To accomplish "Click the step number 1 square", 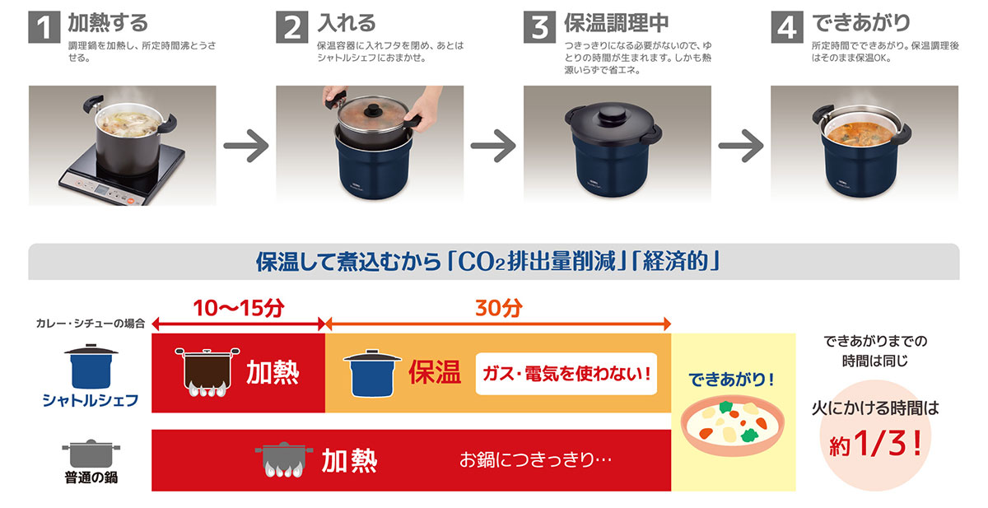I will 44,27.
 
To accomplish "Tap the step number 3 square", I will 539,27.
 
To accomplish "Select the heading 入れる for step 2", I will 346,22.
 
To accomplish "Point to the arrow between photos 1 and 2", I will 246,147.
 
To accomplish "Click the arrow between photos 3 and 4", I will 740,147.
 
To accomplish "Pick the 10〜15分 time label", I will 239,309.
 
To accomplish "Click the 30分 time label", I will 498,309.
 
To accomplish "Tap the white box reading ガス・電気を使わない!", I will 566,374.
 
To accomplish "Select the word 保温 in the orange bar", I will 434,373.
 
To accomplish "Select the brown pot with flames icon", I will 202,373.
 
